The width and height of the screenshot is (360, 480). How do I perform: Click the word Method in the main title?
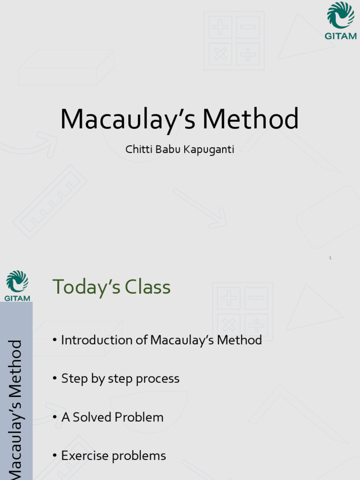[x=250, y=120]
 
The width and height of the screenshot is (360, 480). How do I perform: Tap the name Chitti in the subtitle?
[x=136, y=150]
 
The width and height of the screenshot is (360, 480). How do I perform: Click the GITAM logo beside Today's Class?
[x=17, y=285]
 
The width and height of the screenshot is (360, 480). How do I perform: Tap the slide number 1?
[x=330, y=258]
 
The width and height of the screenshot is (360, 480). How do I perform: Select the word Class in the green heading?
[x=150, y=287]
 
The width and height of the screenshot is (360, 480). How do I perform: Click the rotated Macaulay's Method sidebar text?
[x=16, y=408]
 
